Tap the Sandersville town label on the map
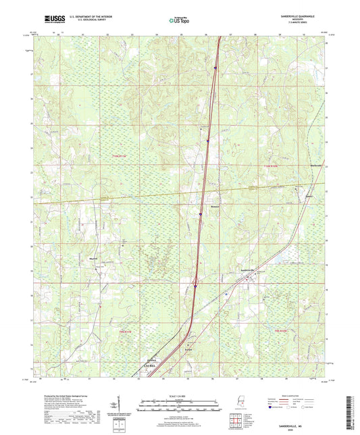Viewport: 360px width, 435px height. coord(250,271)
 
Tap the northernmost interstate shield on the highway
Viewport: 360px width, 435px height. coord(215,68)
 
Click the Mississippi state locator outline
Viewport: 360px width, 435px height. coord(241,403)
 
